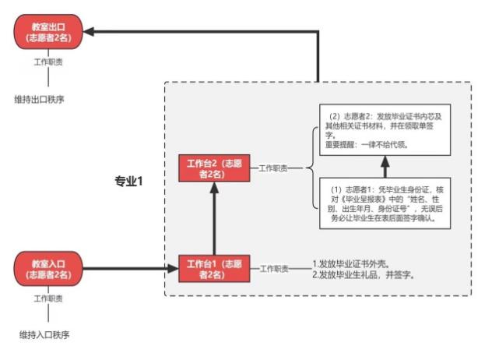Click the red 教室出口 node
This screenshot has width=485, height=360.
(49, 32)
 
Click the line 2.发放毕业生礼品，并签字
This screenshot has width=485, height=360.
(362, 275)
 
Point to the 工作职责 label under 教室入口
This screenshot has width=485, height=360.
(48, 298)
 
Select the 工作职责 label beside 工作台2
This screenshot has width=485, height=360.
(273, 168)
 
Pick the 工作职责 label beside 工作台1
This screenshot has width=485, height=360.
(273, 269)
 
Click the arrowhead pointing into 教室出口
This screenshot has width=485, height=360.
(89, 32)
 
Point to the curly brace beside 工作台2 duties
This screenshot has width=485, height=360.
(312, 168)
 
